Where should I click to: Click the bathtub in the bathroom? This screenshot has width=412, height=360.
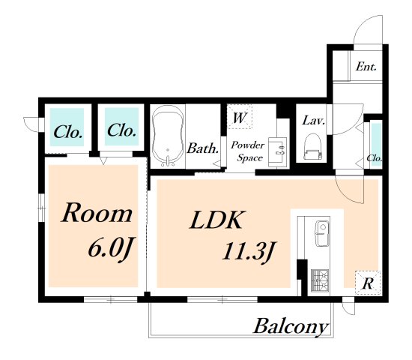[x=168, y=136]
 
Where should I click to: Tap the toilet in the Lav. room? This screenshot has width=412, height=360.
[x=312, y=147]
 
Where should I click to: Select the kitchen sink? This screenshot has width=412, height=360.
[x=322, y=234]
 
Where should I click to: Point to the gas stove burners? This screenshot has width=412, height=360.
[x=320, y=280]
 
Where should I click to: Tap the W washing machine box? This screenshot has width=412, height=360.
[x=240, y=117]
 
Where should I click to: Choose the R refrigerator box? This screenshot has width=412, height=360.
[x=368, y=283]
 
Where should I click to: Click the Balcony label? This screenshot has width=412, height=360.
[x=291, y=326]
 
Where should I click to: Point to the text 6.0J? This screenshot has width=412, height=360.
[x=109, y=247]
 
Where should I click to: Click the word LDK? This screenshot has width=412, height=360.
[x=216, y=220]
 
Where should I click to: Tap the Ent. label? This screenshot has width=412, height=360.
[x=366, y=67]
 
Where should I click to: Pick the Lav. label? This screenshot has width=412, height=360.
[x=314, y=121]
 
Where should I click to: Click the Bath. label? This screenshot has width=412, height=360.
[x=202, y=148]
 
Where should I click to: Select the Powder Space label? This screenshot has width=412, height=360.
[x=247, y=151]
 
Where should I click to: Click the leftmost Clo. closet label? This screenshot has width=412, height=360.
[x=68, y=131]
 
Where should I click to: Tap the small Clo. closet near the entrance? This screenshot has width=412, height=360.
[x=375, y=158]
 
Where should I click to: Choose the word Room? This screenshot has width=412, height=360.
[x=97, y=213]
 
